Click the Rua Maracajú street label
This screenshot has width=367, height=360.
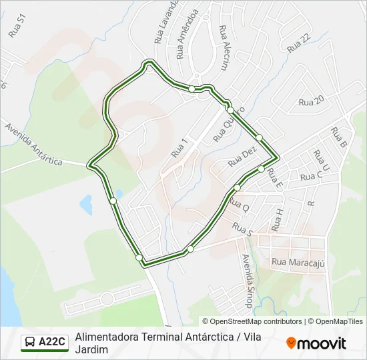click(298, 263)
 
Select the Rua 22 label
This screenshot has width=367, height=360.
click(299, 44)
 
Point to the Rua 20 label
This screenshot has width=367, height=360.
click(311, 101)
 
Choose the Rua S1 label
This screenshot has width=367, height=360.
click(17, 27)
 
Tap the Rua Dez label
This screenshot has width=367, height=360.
click(242, 157)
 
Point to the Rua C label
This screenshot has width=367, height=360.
click(311, 176)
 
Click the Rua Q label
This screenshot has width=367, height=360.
click(239, 205)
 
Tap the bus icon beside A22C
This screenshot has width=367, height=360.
click(31, 343)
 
